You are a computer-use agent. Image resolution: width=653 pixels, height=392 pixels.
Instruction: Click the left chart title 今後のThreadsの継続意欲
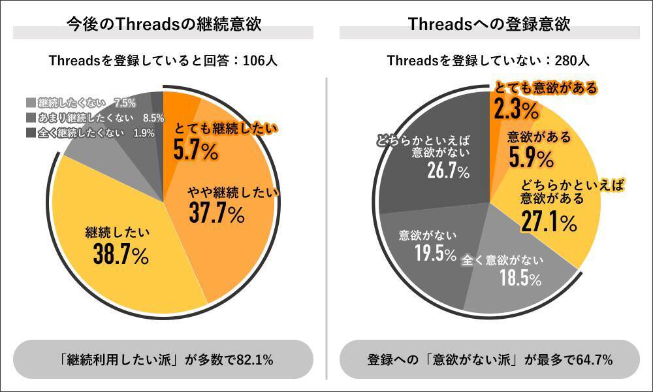coord(163,25)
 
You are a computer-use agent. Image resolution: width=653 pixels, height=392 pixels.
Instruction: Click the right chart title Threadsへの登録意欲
coord(489,25)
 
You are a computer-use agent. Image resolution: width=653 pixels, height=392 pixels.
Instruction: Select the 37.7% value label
coord(216,213)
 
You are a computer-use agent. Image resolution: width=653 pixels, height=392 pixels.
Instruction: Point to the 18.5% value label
coord(520,280)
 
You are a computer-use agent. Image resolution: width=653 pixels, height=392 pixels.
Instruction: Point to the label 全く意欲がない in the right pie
coord(502,260)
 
